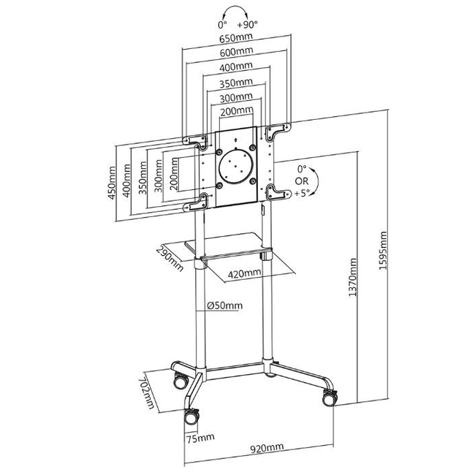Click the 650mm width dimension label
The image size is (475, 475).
[x=236, y=38]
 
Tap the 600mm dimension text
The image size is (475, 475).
[x=236, y=51]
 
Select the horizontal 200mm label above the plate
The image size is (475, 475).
[x=237, y=111]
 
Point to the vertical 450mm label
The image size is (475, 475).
[x=112, y=183]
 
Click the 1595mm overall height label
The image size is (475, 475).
[x=383, y=251]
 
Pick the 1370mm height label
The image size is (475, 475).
[x=352, y=277]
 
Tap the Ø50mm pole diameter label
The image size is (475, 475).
[x=225, y=305]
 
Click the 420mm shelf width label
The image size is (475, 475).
[x=244, y=273]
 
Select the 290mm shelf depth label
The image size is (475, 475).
[x=170, y=259]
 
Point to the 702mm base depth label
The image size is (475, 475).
[x=147, y=393]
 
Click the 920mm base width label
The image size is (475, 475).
[x=267, y=447]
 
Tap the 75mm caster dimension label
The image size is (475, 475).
[x=200, y=438]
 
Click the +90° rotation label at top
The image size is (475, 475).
[x=247, y=24]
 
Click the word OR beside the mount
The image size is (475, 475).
[x=301, y=181]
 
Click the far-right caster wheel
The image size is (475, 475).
[x=330, y=399]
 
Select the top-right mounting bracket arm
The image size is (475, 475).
[x=278, y=131]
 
